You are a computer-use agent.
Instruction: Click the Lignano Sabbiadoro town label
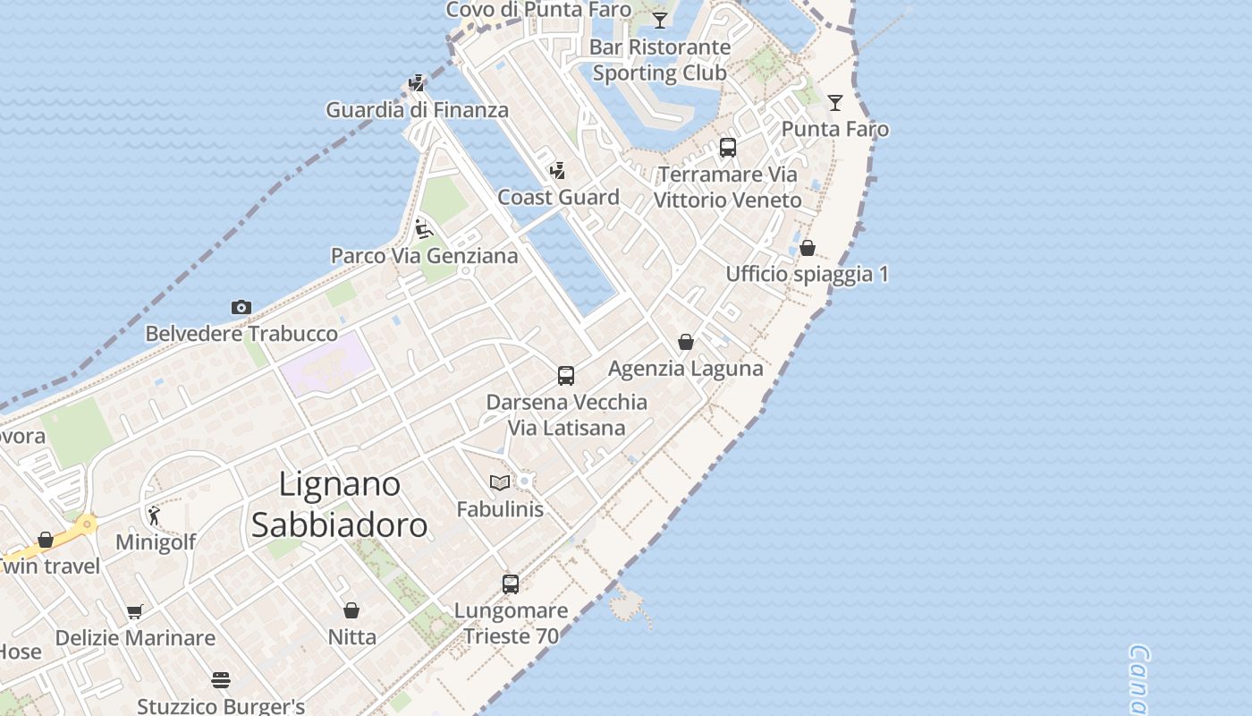point(339,505)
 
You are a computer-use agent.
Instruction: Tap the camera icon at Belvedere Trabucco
point(241,308)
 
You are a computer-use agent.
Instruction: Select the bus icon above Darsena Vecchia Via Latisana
point(566,376)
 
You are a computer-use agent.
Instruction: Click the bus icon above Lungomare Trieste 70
point(511,584)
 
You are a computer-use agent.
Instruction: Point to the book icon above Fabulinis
point(500,483)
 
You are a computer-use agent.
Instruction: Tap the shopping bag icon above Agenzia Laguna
point(686,342)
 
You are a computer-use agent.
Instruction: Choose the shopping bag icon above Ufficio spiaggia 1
point(808,248)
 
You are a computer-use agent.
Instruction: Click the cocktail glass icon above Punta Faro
point(835,103)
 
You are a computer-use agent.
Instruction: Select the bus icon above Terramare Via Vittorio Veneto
point(728,148)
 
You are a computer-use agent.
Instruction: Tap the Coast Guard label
point(558,198)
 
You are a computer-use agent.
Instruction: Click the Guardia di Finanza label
point(417,110)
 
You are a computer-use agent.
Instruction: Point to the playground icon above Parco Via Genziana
point(424,229)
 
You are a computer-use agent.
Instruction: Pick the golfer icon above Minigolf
point(155,516)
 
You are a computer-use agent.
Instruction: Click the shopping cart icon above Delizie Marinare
point(135,612)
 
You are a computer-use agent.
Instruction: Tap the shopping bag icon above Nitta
point(351,610)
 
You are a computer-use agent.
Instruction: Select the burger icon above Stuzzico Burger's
point(221,680)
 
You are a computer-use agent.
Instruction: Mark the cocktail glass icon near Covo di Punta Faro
point(660,20)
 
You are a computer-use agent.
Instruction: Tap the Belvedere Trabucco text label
point(241,334)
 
